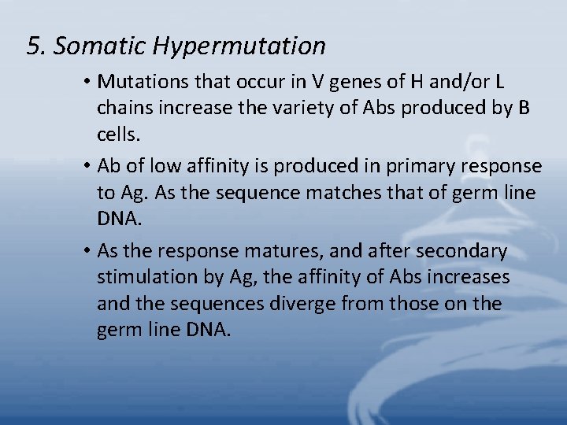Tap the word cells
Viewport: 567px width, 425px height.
coord(118,135)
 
